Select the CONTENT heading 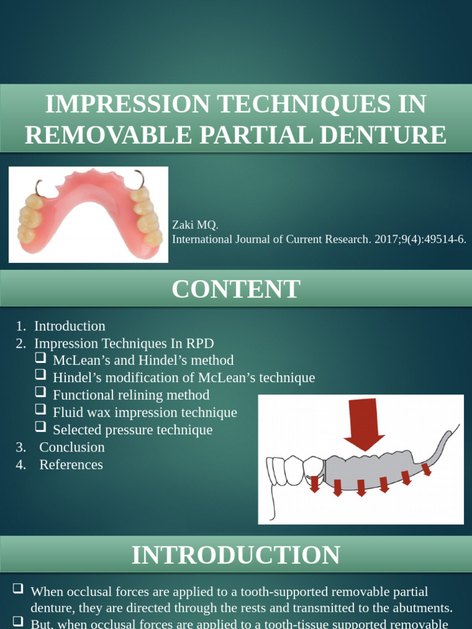tap(236, 289)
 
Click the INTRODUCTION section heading tap(236, 555)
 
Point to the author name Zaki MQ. tap(195, 225)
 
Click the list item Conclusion tap(72, 447)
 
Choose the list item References tap(71, 464)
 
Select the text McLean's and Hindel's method tap(143, 360)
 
